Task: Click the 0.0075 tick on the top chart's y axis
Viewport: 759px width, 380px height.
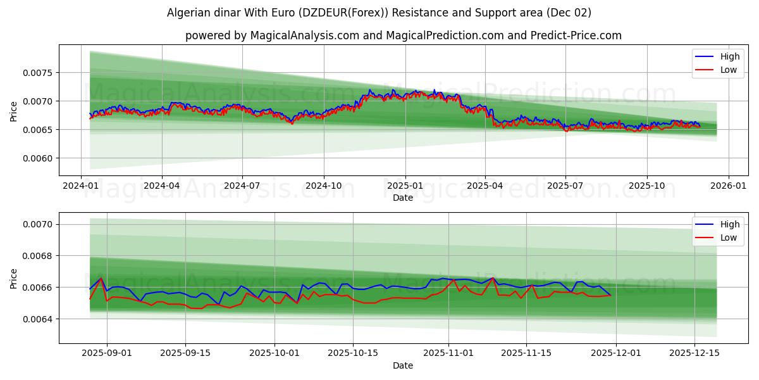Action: click(39, 73)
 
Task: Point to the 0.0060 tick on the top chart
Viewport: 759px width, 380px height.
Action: click(39, 158)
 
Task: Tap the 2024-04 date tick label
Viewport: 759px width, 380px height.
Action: click(162, 186)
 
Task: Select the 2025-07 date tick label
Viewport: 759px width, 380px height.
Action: click(565, 186)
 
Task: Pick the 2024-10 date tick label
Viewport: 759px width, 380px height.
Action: click(324, 186)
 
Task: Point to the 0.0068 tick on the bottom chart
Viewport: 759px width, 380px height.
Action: click(39, 256)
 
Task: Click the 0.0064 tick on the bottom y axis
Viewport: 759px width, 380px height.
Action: click(39, 319)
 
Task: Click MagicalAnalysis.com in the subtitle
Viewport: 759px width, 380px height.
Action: click(298, 35)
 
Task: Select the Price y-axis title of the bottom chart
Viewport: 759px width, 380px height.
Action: click(14, 278)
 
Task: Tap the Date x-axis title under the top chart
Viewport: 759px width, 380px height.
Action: click(403, 198)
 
